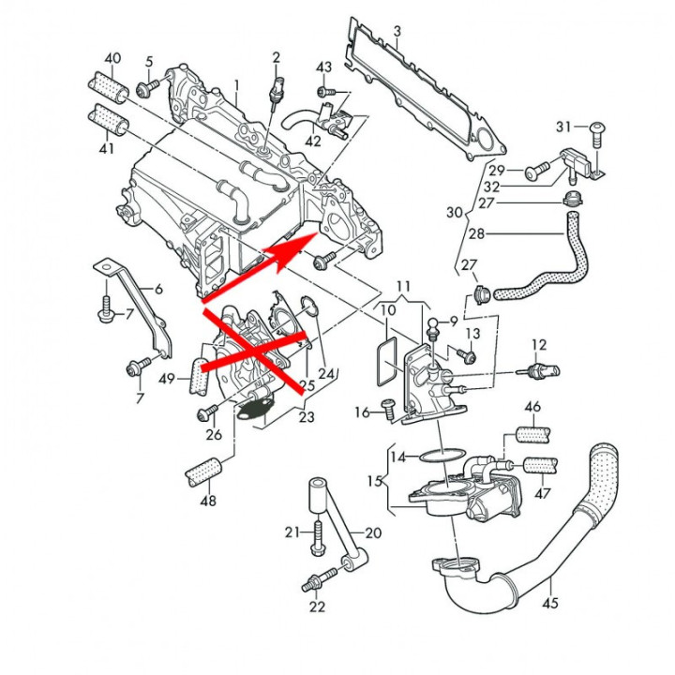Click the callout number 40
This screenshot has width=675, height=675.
112,59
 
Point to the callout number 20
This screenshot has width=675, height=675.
373,532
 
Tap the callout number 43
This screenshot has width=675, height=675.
323,67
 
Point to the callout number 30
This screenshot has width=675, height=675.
454,213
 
